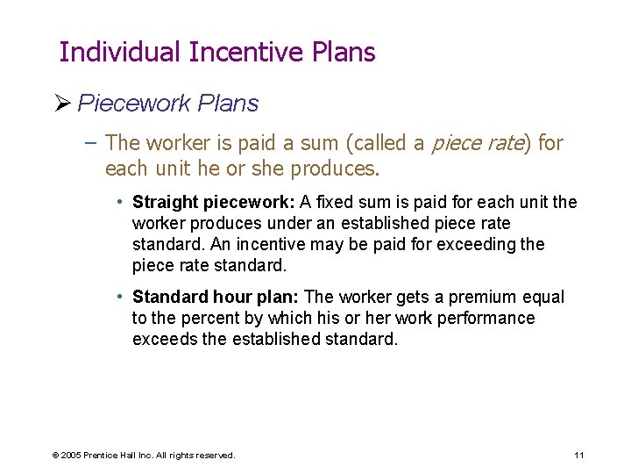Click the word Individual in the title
[120, 53]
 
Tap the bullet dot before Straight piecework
[121, 202]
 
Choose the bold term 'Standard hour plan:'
[216, 297]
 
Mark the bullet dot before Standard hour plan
[121, 297]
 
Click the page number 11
[578, 455]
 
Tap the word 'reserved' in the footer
[215, 456]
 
